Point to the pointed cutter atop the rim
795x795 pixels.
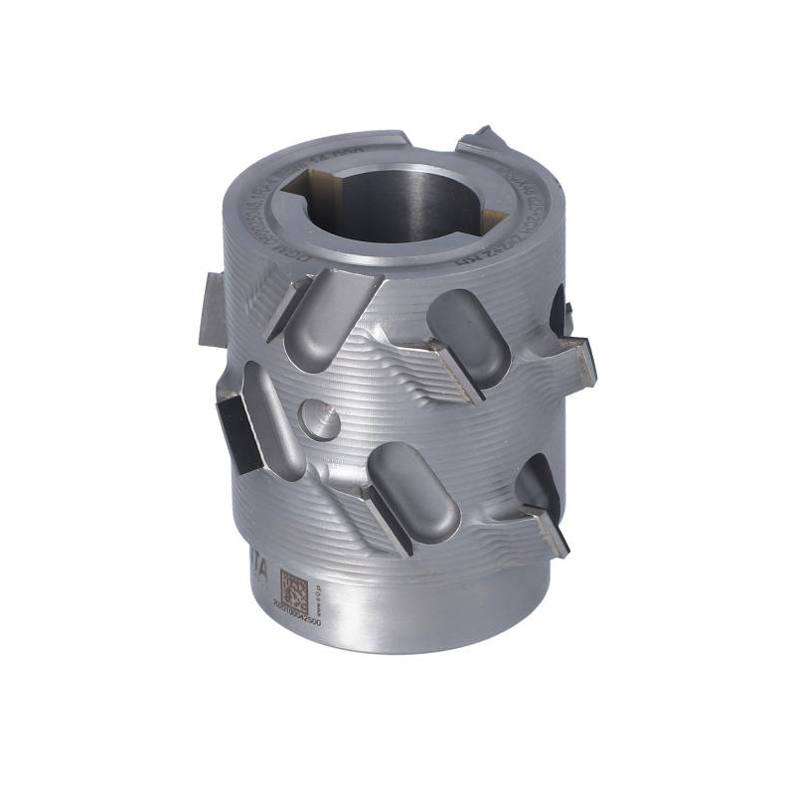coord(487,139)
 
